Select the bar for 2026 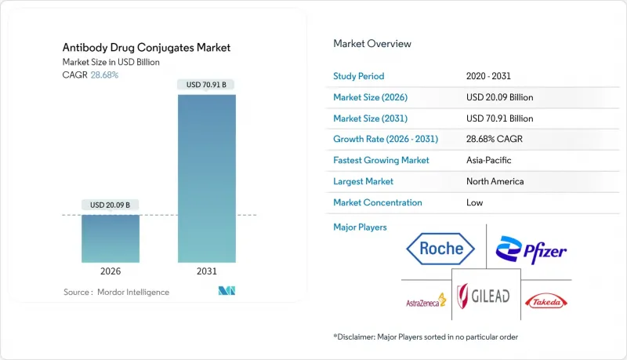pyautogui.click(x=111, y=238)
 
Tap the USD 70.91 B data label pyautogui.click(x=207, y=85)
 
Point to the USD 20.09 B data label pyautogui.click(x=111, y=205)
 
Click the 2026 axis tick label pyautogui.click(x=111, y=271)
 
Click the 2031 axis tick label pyautogui.click(x=207, y=271)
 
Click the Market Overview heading pyautogui.click(x=372, y=43)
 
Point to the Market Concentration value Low pyautogui.click(x=474, y=202)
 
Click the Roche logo pyautogui.click(x=440, y=250)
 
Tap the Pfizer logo pyautogui.click(x=531, y=250)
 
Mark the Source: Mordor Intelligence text pyautogui.click(x=116, y=292)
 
